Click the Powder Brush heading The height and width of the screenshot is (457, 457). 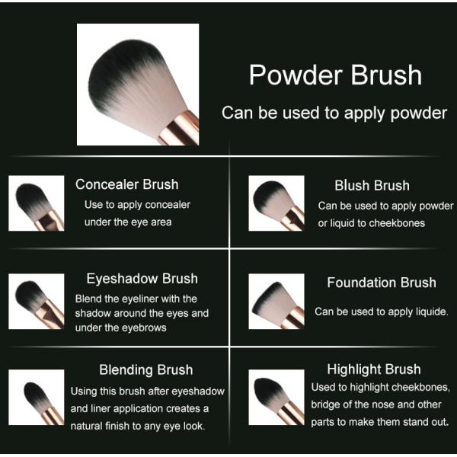coord(335,75)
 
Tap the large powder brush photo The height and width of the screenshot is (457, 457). coord(138,84)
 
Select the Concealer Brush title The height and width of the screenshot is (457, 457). coord(127,184)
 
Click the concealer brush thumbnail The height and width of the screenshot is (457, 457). coord(37,203)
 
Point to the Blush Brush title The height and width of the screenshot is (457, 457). coord(372,186)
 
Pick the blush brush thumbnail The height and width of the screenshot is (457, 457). coord(277,203)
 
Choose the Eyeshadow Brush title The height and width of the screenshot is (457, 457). coord(142,279)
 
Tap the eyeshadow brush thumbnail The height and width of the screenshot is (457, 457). coord(37,302)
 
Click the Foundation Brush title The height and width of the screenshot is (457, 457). coord(382,283)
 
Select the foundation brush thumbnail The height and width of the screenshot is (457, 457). coord(277,302)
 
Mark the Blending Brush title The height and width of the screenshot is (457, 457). coord(145,370)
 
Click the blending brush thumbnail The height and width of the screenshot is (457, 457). coord(37,397)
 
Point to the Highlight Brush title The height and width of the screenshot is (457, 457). coord(374,369)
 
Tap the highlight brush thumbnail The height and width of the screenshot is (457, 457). coord(277,397)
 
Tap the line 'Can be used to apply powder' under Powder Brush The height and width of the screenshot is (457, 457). coord(334,113)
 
